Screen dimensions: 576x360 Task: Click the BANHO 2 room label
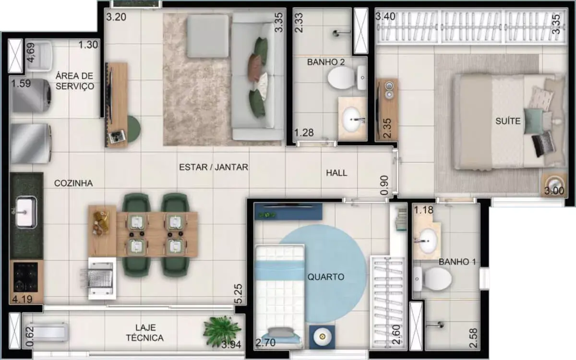(x=326, y=62)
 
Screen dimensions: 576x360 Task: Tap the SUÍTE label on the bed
(x=508, y=121)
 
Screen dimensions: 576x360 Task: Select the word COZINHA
(x=73, y=183)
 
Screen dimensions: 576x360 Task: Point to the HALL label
(x=336, y=173)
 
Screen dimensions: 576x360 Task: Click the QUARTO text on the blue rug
(x=326, y=277)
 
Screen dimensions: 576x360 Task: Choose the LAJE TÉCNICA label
(x=144, y=333)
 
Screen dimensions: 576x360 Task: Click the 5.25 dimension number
(x=238, y=294)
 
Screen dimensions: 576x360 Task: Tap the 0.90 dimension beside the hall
(x=384, y=185)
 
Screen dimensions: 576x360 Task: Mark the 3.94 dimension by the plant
(x=231, y=345)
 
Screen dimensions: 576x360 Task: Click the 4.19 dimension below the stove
(x=22, y=300)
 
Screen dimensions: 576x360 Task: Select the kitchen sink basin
(x=26, y=212)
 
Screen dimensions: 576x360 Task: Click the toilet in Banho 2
(x=346, y=78)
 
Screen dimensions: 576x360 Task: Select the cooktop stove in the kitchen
(x=25, y=277)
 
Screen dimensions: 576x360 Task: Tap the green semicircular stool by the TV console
(x=134, y=129)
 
